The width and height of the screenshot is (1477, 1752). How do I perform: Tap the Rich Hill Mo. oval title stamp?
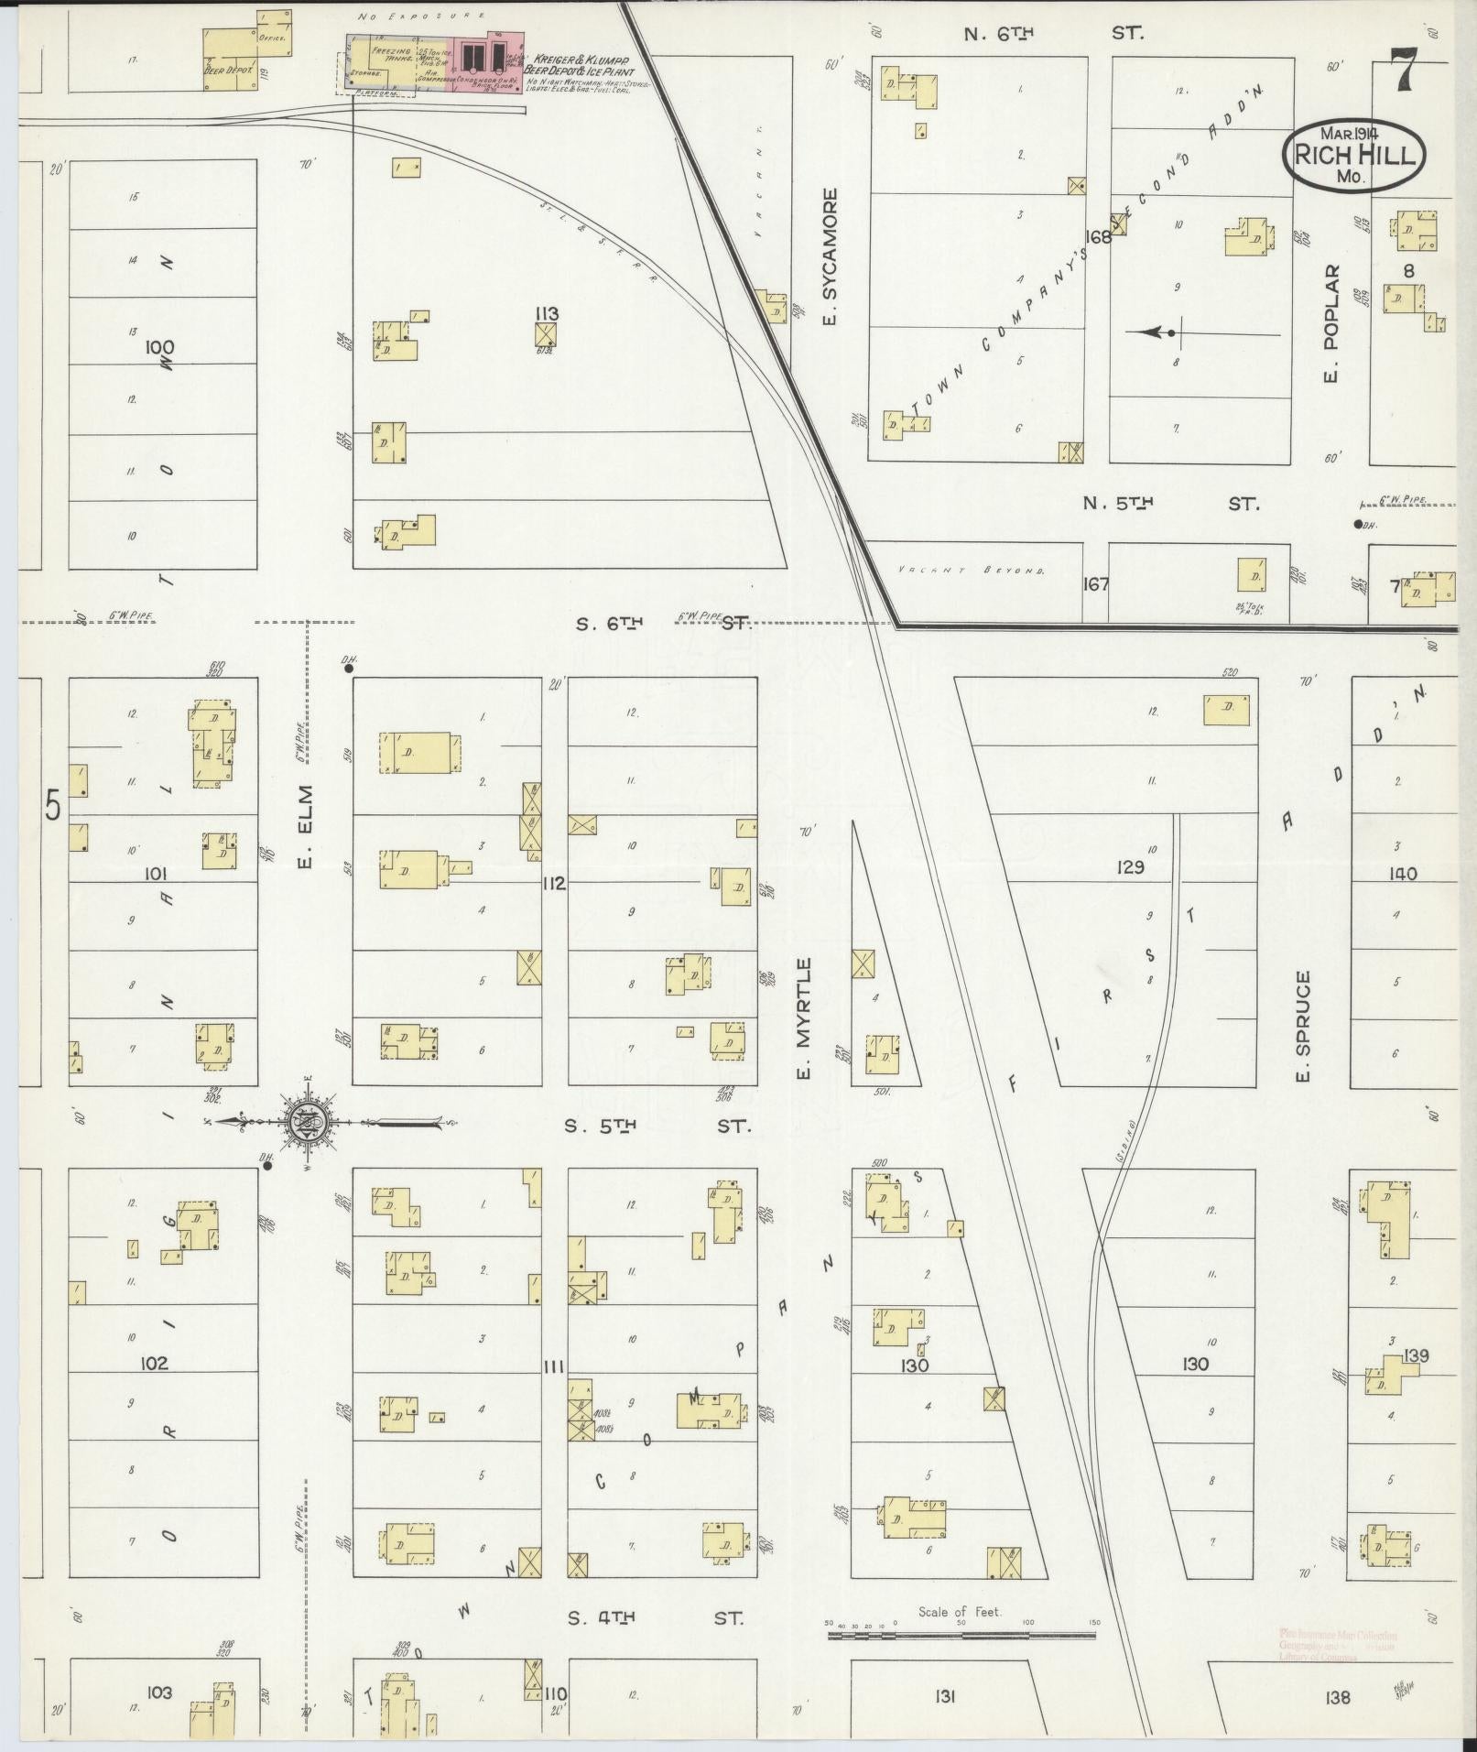point(1353,156)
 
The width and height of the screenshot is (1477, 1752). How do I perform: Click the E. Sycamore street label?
point(830,258)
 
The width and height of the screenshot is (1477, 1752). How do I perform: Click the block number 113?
point(548,313)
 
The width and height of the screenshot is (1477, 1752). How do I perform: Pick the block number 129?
point(1130,866)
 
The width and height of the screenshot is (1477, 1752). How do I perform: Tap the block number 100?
point(159,347)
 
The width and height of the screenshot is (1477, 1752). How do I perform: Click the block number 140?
point(1402,874)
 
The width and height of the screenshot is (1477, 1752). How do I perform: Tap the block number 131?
point(945,1696)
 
